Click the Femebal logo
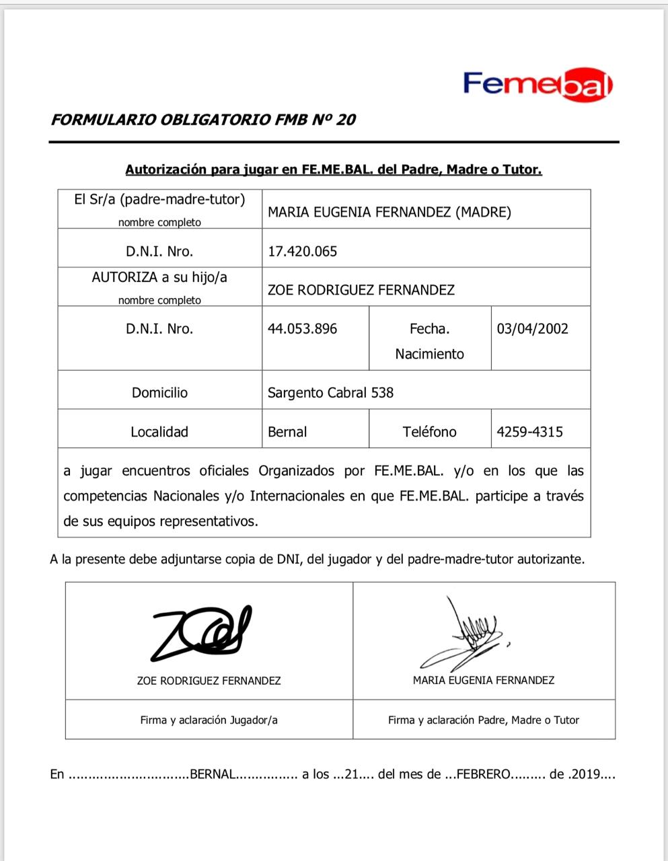537,84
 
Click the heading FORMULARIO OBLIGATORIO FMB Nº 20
202,120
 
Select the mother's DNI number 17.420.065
302,252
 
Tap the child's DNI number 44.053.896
302,329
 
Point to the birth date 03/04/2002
532,329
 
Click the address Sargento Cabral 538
330,393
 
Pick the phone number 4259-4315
529,432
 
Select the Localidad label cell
159,432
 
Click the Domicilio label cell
159,393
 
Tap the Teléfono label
429,432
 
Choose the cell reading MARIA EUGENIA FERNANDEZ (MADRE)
389,213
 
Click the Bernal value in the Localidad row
287,432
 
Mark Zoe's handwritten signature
202,633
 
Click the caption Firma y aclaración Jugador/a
209,720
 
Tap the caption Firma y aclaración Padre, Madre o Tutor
483,720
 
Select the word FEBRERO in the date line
484,774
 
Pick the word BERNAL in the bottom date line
213,774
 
